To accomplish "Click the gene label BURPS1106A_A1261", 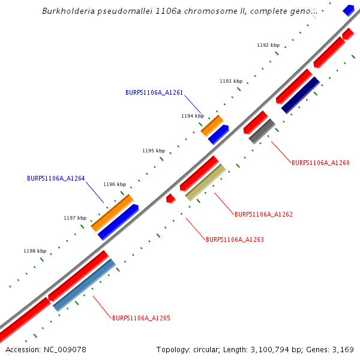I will coord(154,93).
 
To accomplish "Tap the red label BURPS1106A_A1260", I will coord(320,163).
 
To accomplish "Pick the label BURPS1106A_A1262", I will coord(263,214).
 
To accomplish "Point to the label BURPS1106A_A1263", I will coord(235,239).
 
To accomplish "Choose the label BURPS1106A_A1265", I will coord(141,318).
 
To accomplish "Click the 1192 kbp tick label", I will coord(268,46).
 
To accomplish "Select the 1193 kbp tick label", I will coord(231,81).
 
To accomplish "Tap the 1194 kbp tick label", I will coord(193,116).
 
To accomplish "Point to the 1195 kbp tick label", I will coord(153,151).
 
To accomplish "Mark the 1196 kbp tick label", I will coord(115,185).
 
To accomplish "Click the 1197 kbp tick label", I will coord(75,218).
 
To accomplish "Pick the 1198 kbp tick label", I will coord(35,251).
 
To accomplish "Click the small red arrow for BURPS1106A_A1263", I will coord(170,199).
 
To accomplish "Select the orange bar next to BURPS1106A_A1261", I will coord(212,125).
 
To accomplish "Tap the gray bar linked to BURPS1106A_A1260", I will coord(262,131).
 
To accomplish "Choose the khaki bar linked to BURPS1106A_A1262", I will coord(205,182).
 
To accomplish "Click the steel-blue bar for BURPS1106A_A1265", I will coord(84,285).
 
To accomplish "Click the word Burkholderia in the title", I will coord(69,11).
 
